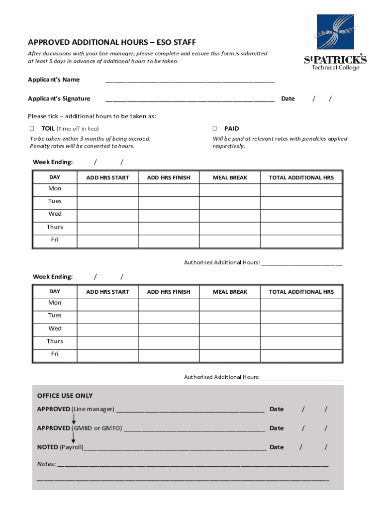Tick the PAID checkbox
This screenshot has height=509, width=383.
point(215,129)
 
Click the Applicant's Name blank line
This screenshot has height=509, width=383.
point(190,81)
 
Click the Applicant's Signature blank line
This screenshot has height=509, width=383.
point(190,99)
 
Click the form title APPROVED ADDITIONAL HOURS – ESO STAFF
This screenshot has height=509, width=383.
point(112,42)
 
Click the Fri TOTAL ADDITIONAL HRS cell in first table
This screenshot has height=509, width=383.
point(301,241)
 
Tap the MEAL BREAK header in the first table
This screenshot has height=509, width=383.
point(230,177)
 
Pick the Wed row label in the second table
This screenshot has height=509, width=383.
point(55,329)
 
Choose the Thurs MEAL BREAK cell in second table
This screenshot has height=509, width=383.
point(230,341)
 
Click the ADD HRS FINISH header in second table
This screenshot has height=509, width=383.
point(169,292)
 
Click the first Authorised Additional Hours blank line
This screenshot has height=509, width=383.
point(302,263)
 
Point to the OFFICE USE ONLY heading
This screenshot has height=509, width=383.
point(65,396)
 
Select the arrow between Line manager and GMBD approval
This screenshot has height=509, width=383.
point(74,419)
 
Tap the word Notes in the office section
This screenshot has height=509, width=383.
point(46,464)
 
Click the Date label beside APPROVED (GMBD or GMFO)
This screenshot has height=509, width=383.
point(277,428)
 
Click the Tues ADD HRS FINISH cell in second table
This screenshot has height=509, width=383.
point(169,316)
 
